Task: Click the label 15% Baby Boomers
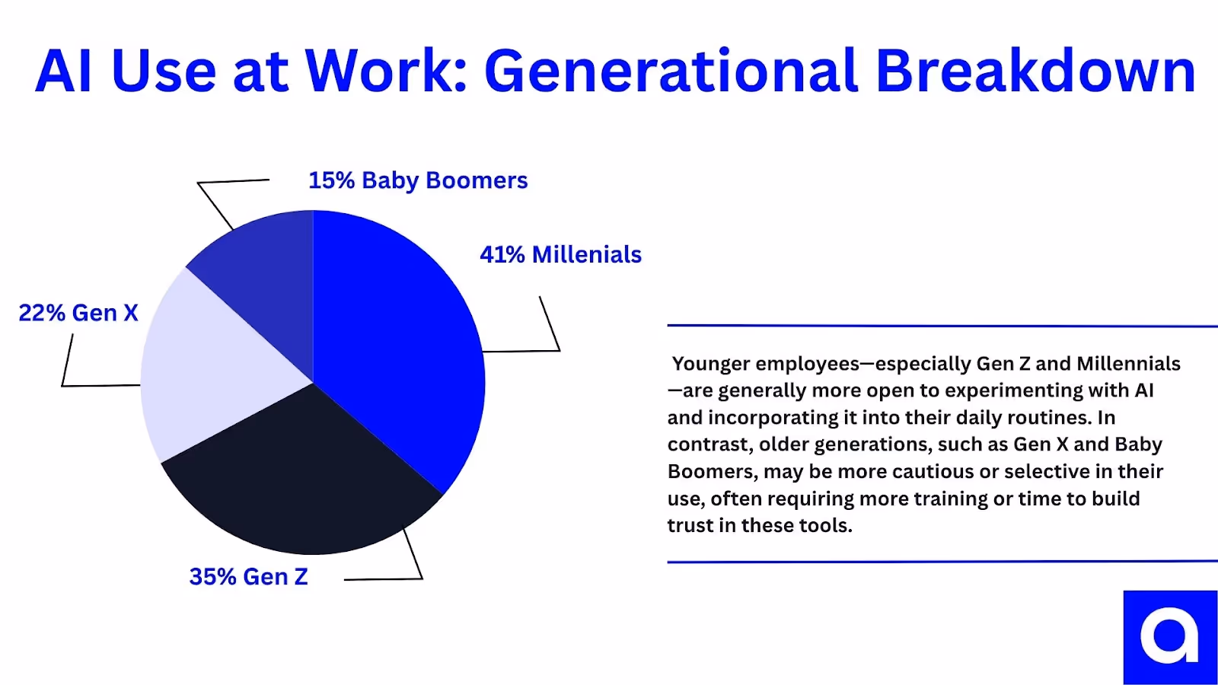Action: pos(417,180)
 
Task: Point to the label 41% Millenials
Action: pos(560,254)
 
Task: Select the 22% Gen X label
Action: pos(78,313)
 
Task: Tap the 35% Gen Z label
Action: pos(248,577)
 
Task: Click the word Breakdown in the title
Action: pos(1035,72)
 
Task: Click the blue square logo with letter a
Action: pos(1170,637)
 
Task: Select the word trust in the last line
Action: pos(690,526)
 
